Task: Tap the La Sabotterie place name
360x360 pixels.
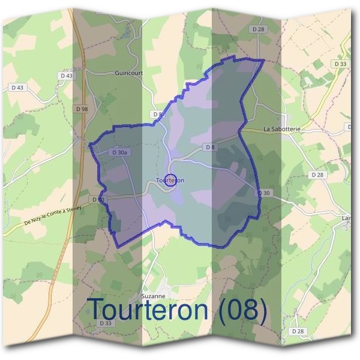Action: coord(281,129)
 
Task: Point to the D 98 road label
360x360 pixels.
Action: coord(83,109)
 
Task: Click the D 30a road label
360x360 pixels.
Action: coord(119,153)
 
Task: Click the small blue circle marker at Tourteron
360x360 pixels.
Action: coord(170,180)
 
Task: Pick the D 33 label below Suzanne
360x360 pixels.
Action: coord(106,323)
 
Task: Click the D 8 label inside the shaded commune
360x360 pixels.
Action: coord(209,147)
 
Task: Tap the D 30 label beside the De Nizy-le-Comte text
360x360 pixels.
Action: coord(98,199)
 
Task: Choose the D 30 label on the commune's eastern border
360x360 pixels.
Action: coord(264,193)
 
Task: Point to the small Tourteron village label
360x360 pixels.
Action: coord(170,180)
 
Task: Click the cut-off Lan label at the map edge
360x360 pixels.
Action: coord(346,218)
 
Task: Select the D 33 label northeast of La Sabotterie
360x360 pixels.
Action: coord(340,64)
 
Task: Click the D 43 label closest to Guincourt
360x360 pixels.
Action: coord(67,76)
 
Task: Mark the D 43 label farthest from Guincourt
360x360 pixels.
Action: coord(17,88)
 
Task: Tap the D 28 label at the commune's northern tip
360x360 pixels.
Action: coord(259,29)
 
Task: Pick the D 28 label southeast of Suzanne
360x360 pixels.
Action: coord(298,331)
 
